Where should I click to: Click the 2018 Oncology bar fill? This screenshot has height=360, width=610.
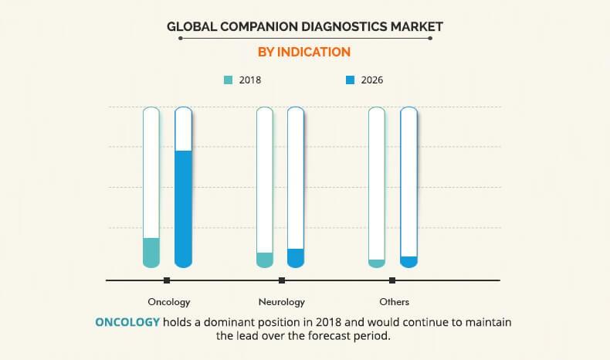(x=151, y=252)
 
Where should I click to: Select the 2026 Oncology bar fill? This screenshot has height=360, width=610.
(x=183, y=208)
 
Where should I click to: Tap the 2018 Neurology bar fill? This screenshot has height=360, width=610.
(x=265, y=260)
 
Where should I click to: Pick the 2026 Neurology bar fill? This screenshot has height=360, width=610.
(x=296, y=257)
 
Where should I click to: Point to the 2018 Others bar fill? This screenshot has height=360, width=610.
(x=377, y=263)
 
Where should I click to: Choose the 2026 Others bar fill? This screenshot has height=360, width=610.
(x=408, y=262)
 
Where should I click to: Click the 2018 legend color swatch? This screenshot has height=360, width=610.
(x=228, y=79)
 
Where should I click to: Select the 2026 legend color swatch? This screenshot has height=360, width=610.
(x=351, y=79)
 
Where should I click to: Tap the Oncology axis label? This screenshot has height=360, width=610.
(x=169, y=302)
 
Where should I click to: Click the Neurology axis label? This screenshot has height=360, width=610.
(x=281, y=302)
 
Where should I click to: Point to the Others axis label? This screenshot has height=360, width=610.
(x=394, y=302)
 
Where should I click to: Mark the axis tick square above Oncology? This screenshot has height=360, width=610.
(x=167, y=280)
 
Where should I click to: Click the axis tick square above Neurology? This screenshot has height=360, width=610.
(x=282, y=280)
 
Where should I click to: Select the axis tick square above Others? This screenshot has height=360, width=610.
(x=393, y=280)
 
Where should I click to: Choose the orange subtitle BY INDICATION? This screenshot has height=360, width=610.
(x=304, y=52)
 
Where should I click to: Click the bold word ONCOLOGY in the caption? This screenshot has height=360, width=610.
(x=127, y=321)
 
